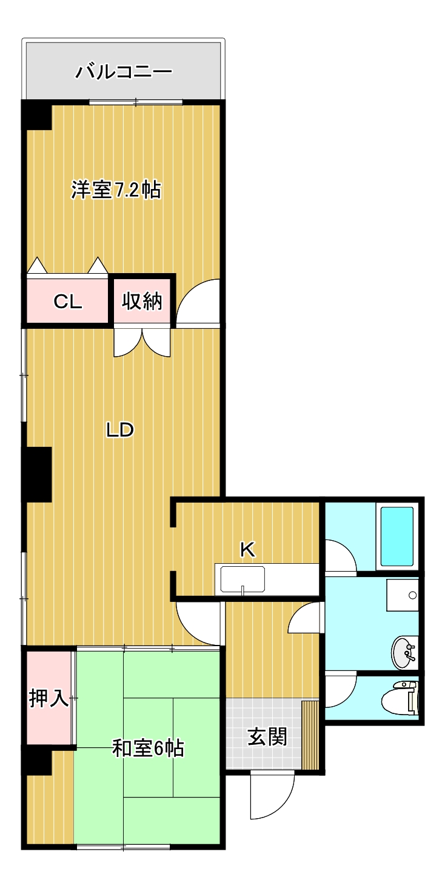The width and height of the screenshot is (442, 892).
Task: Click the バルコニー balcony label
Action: click(x=124, y=73)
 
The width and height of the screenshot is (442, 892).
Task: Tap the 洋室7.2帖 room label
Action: click(x=116, y=190)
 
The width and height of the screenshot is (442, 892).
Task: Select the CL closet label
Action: click(x=67, y=302)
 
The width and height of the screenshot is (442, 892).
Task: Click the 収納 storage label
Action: click(x=143, y=301)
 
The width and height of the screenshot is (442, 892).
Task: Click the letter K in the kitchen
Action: click(x=247, y=549)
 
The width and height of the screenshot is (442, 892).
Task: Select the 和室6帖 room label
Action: click(x=149, y=748)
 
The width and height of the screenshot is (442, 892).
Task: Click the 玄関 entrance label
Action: click(x=267, y=737)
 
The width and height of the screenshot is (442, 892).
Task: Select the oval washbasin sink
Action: click(x=404, y=652)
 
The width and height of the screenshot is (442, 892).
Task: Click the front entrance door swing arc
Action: click(x=272, y=795)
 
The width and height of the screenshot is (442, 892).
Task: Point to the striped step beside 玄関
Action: click(x=310, y=735)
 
